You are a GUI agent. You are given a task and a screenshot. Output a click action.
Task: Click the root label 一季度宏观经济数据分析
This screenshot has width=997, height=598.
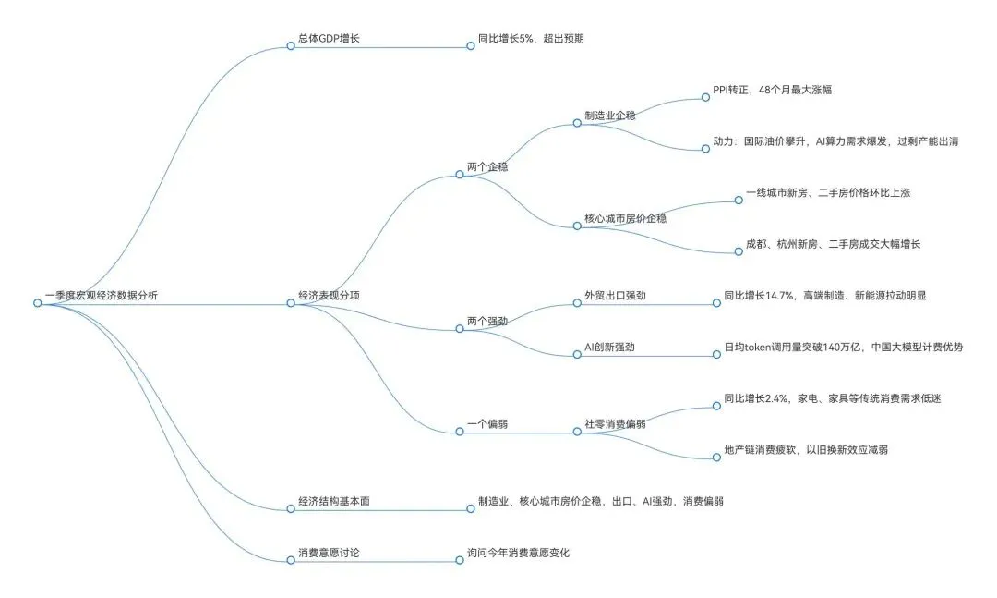click(x=101, y=296)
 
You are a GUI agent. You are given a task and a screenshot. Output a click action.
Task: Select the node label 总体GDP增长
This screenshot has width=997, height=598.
click(x=329, y=39)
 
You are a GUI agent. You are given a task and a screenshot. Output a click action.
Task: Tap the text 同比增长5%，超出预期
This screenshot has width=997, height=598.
click(x=531, y=39)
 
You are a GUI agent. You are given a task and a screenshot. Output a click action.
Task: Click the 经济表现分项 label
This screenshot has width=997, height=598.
click(x=329, y=296)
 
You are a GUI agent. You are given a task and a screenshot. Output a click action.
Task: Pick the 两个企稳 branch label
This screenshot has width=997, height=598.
click(x=487, y=167)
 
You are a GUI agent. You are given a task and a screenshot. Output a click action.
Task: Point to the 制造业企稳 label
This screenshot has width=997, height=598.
click(x=610, y=116)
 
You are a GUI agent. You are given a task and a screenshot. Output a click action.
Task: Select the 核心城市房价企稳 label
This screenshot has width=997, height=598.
click(x=625, y=219)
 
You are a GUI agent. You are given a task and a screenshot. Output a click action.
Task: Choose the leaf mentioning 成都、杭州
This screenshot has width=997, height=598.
click(x=833, y=244)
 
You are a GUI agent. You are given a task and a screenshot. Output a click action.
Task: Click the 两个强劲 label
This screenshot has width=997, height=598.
click(x=487, y=322)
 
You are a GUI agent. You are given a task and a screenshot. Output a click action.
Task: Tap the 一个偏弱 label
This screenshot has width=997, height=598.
click(x=487, y=424)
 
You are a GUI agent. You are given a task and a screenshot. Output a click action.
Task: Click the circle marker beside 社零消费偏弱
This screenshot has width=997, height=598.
click(x=577, y=431)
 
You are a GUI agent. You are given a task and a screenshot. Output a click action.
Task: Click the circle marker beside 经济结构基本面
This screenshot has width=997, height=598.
click(x=291, y=508)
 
